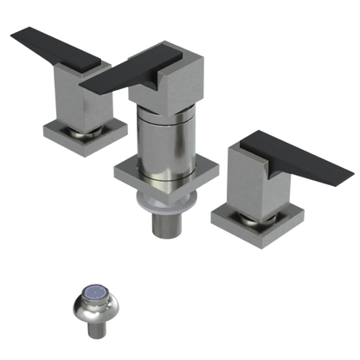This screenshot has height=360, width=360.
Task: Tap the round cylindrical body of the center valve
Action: tap(160, 134)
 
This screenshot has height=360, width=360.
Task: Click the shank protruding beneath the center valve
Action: tap(164, 226)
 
